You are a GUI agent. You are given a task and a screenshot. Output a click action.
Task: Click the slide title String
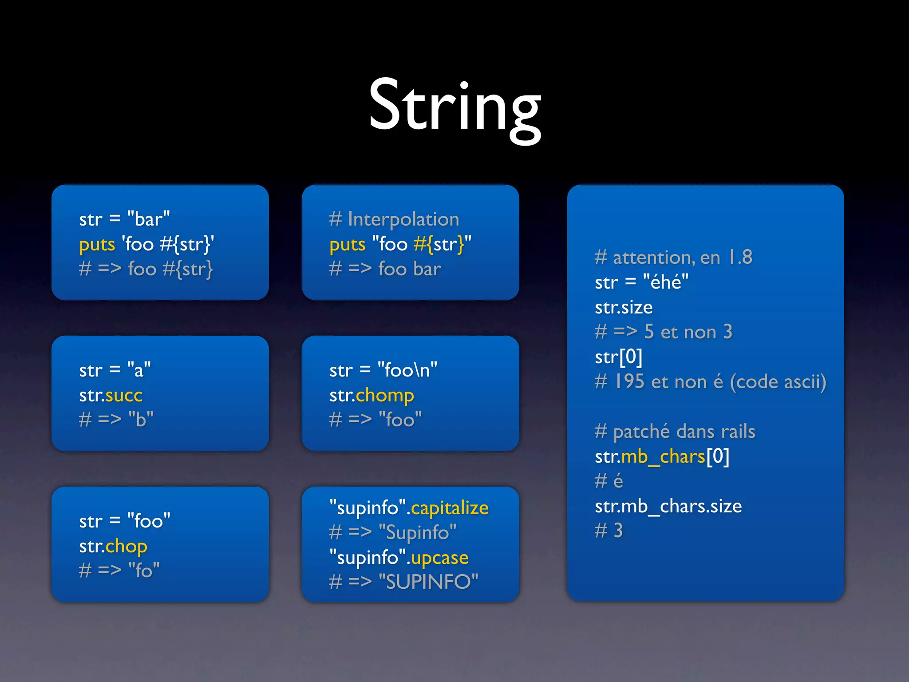[454, 107]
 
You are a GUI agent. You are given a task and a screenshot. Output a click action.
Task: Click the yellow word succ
[124, 395]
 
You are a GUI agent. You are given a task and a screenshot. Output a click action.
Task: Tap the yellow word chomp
[385, 395]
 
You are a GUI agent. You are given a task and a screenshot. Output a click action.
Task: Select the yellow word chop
[126, 546]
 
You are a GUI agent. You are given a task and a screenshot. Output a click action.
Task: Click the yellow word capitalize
[450, 508]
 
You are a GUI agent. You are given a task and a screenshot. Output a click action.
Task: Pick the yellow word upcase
[439, 558]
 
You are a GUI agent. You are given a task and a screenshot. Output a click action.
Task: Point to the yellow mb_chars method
[663, 456]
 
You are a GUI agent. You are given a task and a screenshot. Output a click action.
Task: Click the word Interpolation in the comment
[403, 219]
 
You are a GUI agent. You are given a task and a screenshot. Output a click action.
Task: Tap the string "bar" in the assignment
[148, 219]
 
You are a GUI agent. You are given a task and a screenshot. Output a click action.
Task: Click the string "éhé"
[666, 282]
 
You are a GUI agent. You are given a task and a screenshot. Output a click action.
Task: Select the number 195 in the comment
[629, 382]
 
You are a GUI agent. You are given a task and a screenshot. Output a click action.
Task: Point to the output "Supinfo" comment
[417, 532]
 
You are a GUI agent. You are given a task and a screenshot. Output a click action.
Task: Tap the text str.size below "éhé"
[624, 307]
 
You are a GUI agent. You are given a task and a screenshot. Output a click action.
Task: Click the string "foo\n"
[407, 370]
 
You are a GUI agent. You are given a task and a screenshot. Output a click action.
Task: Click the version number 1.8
[740, 257]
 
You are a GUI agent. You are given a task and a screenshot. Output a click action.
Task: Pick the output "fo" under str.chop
[144, 571]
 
